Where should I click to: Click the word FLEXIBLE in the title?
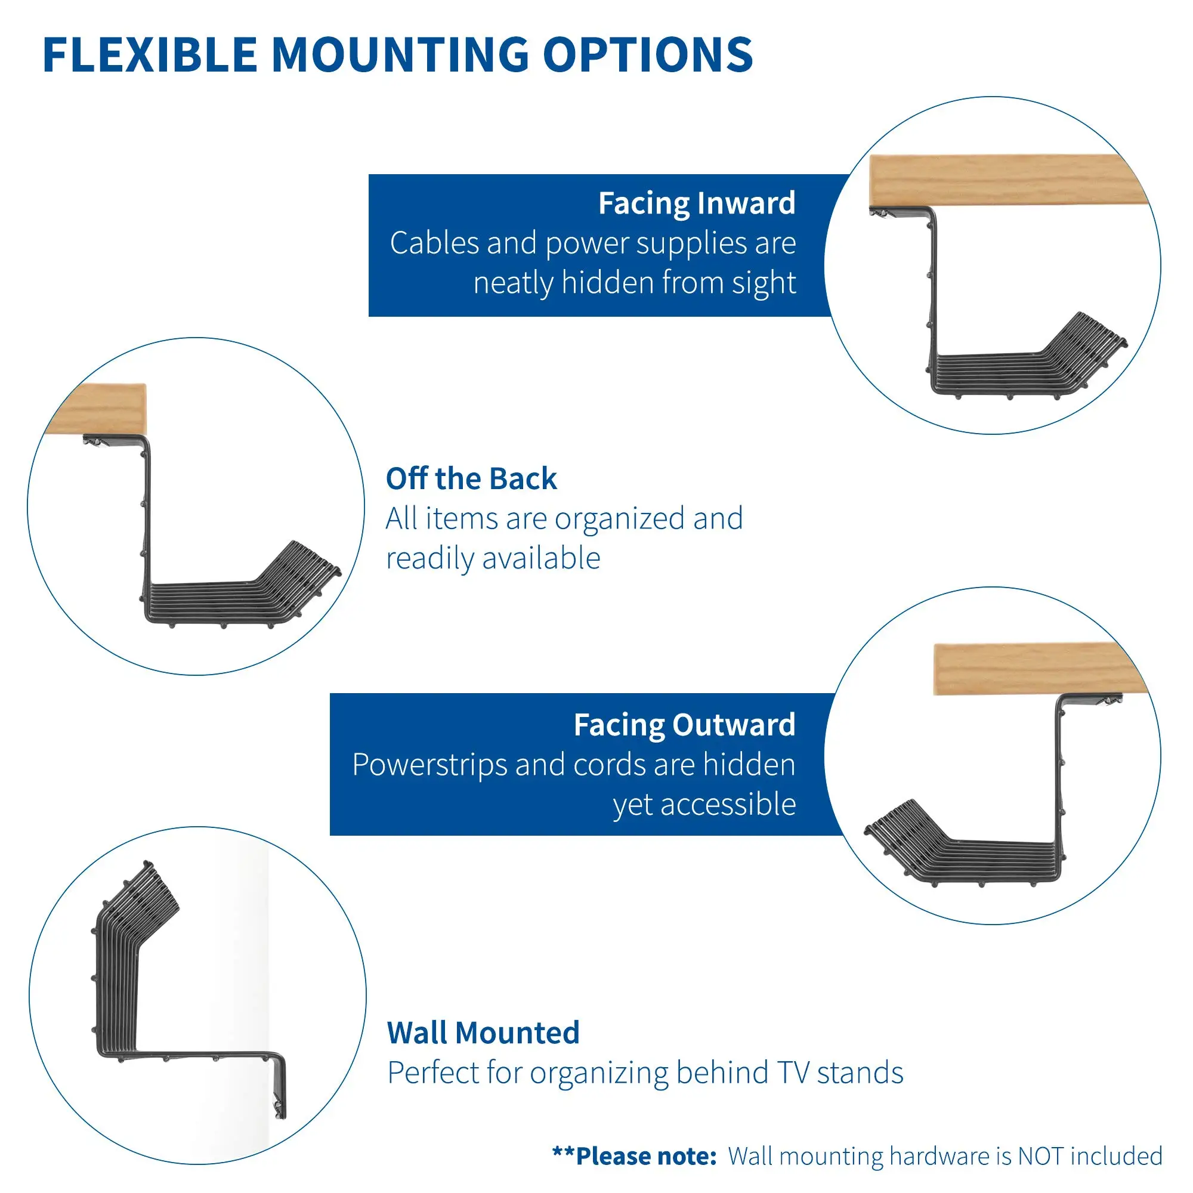[150, 55]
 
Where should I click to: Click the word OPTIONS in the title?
[648, 55]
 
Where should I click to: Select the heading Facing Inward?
[697, 203]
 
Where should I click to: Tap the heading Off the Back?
[471, 478]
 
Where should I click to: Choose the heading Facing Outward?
[684, 724]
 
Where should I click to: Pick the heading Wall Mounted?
[483, 1033]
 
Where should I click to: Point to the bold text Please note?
[645, 1156]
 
